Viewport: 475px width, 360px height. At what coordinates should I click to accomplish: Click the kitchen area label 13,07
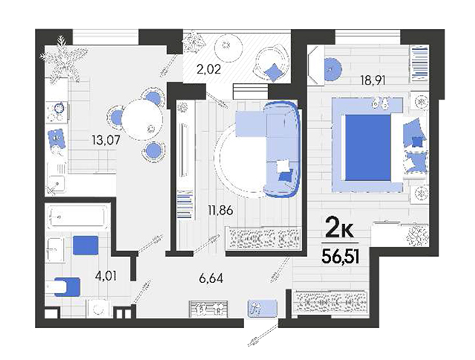pos(106,140)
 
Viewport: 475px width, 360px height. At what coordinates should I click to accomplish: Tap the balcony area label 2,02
pos(208,69)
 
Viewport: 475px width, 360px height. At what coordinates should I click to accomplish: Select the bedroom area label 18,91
pos(373,80)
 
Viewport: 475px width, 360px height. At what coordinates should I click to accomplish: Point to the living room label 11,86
pos(220,210)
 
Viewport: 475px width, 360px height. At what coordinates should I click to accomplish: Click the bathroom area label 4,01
pos(105,276)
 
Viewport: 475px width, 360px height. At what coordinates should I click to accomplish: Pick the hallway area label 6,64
pos(211,278)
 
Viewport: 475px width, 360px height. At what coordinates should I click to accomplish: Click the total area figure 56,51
pos(341,258)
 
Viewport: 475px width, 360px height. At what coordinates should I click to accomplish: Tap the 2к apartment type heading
pos(340,230)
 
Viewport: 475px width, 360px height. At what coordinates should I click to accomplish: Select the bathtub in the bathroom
pos(77,216)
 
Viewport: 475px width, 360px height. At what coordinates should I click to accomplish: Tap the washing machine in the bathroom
pos(99,309)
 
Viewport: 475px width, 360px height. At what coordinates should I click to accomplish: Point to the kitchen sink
pos(56,183)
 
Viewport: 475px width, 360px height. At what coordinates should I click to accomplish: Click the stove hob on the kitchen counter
pos(56,112)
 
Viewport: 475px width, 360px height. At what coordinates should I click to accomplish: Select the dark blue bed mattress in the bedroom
pos(368,148)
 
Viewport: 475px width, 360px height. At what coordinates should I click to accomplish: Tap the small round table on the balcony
pos(229,46)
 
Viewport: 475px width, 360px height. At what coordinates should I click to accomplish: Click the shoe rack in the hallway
pos(209,309)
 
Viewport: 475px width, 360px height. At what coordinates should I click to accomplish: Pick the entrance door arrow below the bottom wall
pos(263,335)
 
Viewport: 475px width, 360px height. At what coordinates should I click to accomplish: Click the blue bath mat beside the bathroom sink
pos(85,246)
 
